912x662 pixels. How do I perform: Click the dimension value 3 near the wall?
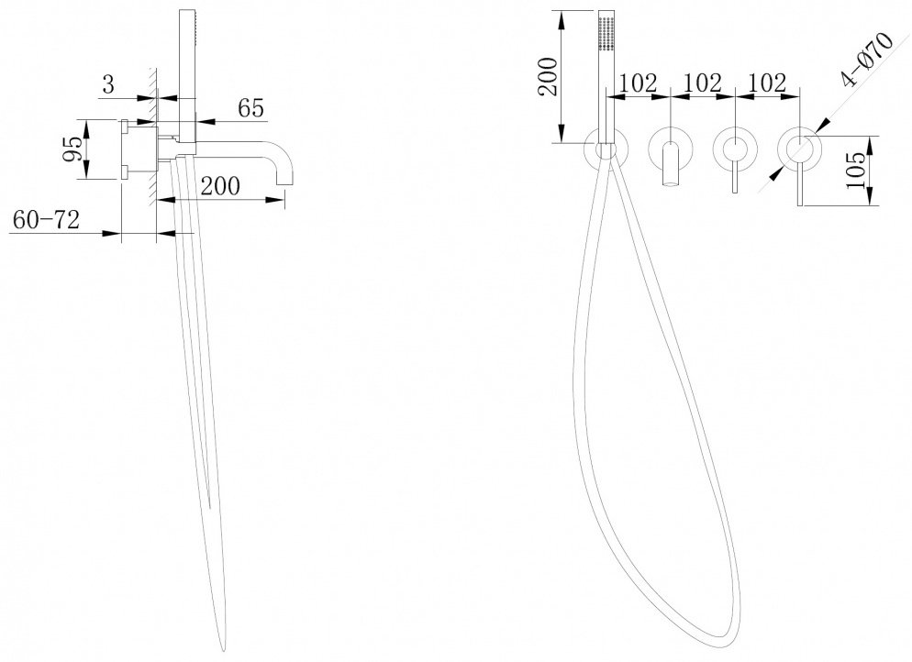[x=109, y=85]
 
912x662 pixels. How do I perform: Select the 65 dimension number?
[x=250, y=108]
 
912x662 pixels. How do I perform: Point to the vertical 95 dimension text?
[x=72, y=149]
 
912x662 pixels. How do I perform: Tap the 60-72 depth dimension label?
[x=46, y=220]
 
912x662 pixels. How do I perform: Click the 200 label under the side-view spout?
[x=220, y=186]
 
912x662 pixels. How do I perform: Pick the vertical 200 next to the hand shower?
[x=549, y=77]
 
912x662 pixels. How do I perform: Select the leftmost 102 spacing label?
[x=639, y=83]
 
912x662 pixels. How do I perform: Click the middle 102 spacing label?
[x=703, y=83]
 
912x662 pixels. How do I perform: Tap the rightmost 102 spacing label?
[x=768, y=83]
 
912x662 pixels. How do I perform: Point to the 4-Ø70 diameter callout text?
[x=867, y=60]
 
